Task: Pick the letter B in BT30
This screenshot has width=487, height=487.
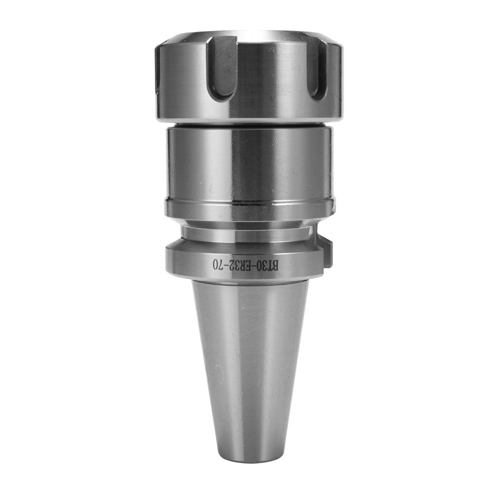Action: [x=275, y=266]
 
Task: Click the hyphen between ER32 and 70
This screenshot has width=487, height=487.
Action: [x=226, y=265]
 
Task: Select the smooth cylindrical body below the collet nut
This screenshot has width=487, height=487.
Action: [x=248, y=161]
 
